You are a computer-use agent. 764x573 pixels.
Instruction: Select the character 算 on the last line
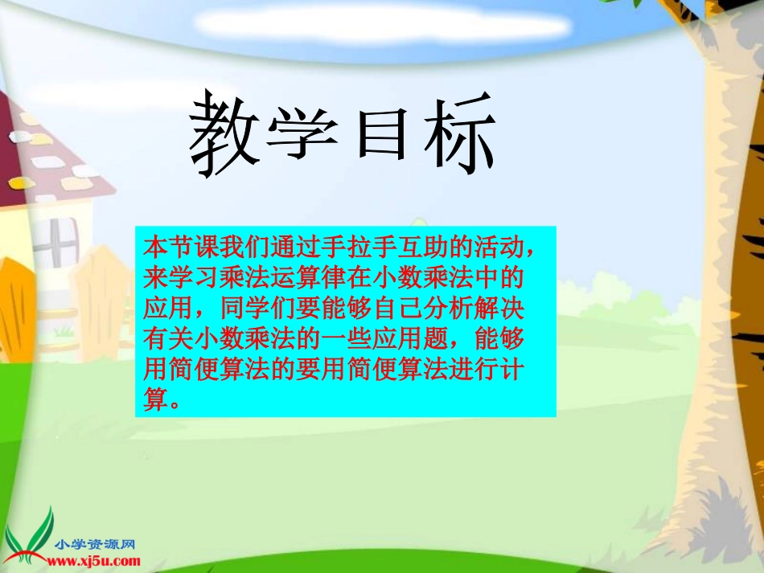click(153, 399)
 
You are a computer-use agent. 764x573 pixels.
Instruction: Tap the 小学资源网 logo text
click(93, 543)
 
